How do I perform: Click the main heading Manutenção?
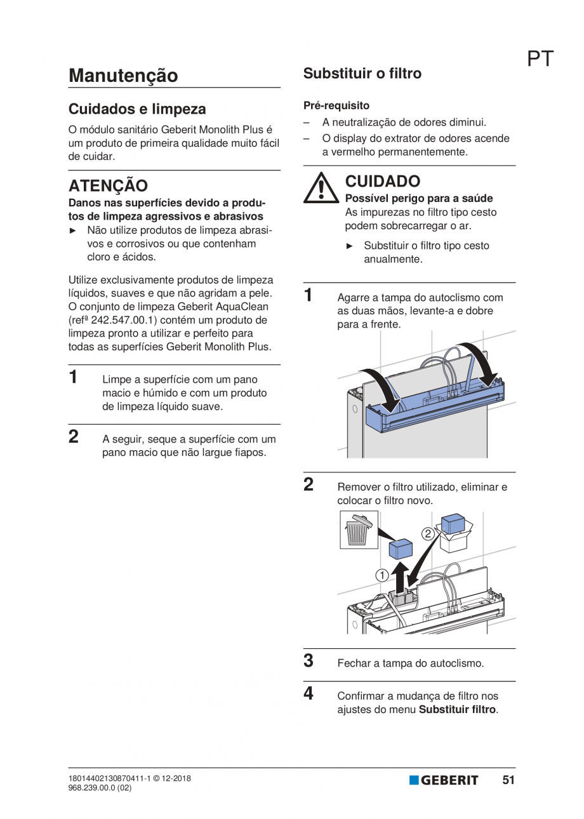(123, 76)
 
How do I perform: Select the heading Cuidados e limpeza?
(137, 109)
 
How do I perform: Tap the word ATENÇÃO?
(108, 185)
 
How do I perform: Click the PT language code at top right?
(540, 59)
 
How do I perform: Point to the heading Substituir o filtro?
(362, 74)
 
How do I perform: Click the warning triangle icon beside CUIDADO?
(321, 188)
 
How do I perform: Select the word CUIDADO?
(382, 182)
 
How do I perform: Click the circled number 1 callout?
(382, 575)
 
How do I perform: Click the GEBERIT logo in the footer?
(444, 780)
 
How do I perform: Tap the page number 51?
(508, 780)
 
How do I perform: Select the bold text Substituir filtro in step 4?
(458, 709)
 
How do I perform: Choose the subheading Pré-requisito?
(336, 105)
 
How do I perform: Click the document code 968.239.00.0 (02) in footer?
(100, 788)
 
